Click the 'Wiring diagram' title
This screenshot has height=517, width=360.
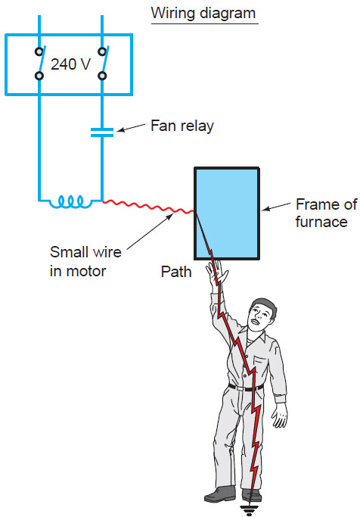(x=203, y=14)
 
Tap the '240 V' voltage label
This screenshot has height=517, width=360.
(x=70, y=64)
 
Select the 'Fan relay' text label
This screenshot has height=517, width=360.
(x=182, y=126)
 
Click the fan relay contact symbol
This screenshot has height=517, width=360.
(x=102, y=132)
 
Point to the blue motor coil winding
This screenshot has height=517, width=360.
(x=71, y=202)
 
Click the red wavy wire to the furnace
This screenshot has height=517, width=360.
(x=148, y=207)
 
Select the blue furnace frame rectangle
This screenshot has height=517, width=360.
(x=227, y=213)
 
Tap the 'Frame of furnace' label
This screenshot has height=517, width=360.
(x=326, y=213)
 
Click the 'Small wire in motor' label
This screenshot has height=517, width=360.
(x=85, y=261)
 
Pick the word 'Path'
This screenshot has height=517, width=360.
(x=176, y=272)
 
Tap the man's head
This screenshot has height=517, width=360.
(x=262, y=314)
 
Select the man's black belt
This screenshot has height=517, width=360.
(x=246, y=388)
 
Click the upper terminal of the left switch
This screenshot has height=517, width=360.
(x=39, y=51)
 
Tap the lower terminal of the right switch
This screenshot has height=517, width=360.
(x=102, y=76)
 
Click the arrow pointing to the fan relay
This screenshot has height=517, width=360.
(x=131, y=128)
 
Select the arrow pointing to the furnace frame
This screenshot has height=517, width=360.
(x=276, y=207)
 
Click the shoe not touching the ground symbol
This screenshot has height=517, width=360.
(x=220, y=494)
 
